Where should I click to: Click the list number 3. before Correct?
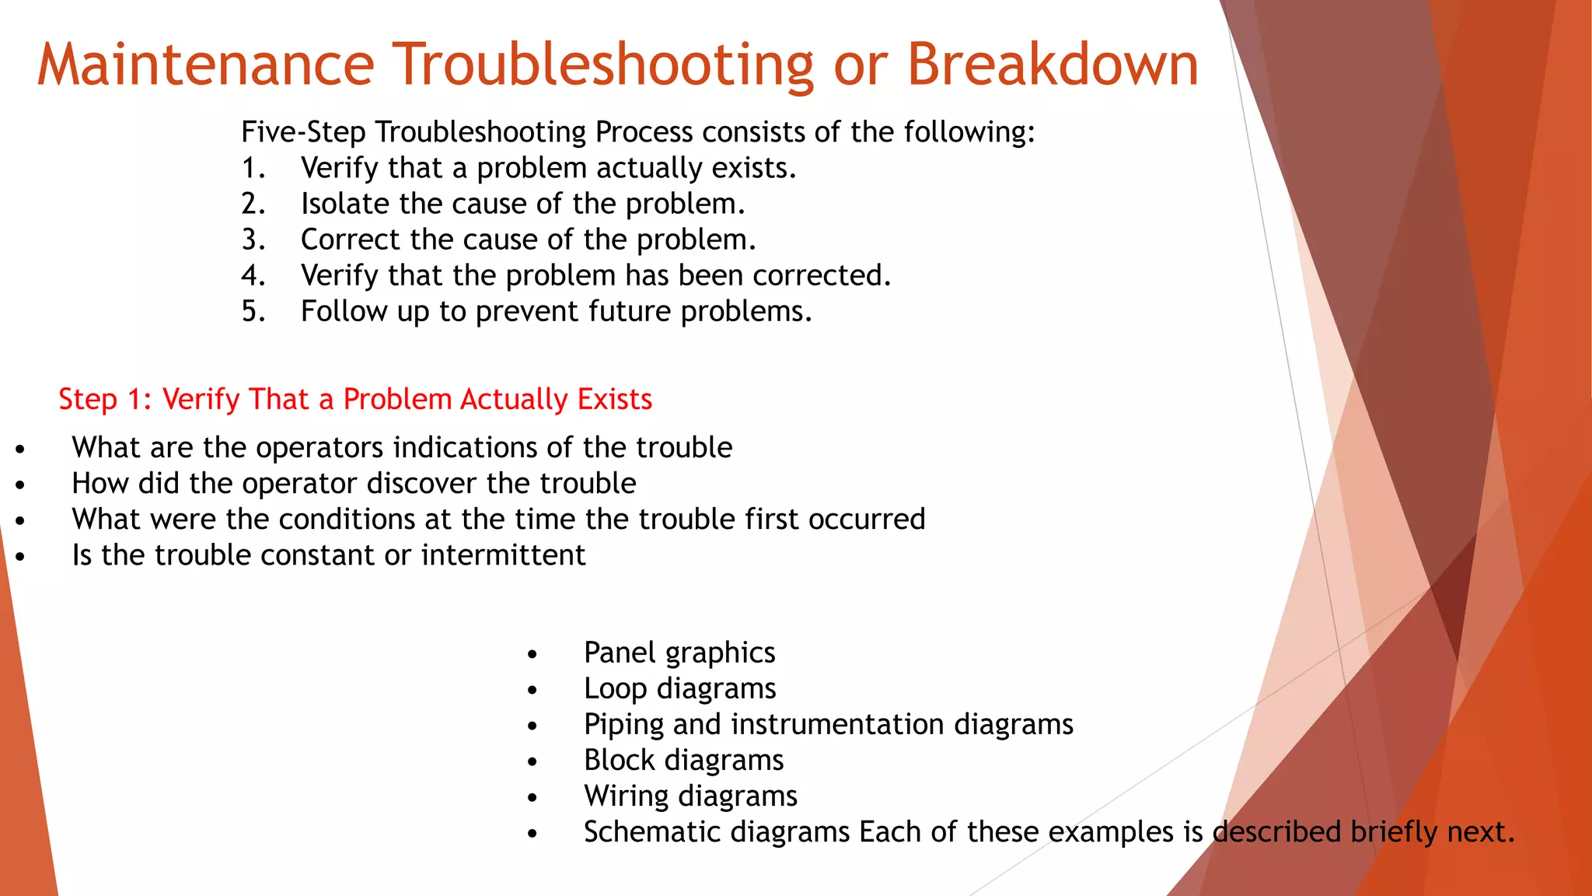click(253, 240)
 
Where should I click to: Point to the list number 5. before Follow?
click(253, 311)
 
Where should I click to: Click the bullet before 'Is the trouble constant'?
click(20, 556)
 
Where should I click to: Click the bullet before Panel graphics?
click(532, 654)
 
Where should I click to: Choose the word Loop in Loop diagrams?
click(615, 689)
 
